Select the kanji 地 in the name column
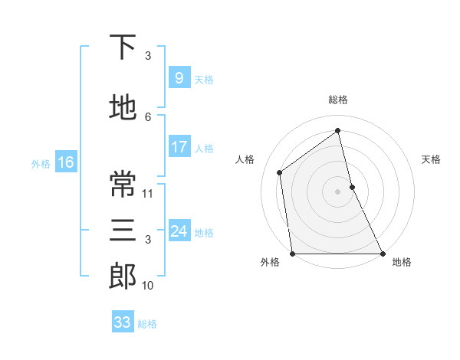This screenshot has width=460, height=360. tap(123, 108)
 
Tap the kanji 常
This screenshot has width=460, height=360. tap(123, 184)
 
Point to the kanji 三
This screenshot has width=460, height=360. tap(123, 231)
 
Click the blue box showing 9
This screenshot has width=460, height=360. tap(179, 78)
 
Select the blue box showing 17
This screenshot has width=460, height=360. tap(179, 147)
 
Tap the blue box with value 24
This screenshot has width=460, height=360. tap(179, 231)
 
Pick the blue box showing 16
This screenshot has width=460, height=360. tap(65, 162)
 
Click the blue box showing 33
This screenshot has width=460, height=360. tap(123, 322)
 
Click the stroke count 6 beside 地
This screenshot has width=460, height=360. tap(149, 116)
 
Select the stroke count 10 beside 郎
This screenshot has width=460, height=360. tap(149, 286)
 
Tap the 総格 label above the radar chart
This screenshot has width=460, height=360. tap(338, 100)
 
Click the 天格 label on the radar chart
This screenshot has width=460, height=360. tap(431, 159)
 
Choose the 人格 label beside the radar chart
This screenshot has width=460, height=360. tap(245, 159)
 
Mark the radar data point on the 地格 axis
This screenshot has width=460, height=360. tap(382, 253)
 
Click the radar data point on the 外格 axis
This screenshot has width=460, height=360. tap(293, 253)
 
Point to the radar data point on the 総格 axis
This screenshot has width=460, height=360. tap(338, 131)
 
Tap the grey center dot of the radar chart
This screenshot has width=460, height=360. tap(338, 191)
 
